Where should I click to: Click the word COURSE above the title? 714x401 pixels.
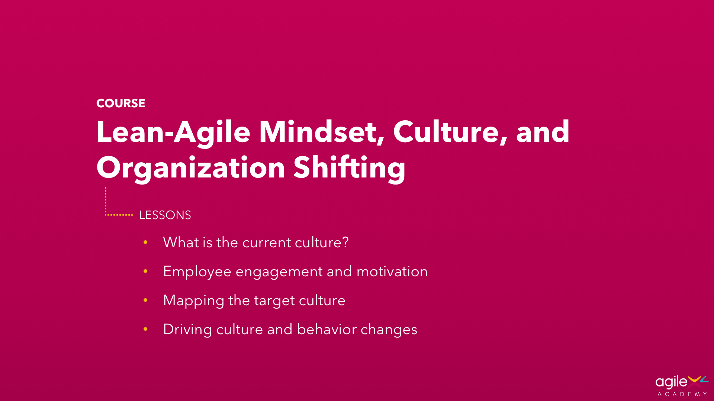click(x=120, y=103)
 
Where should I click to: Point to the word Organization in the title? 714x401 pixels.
click(x=191, y=168)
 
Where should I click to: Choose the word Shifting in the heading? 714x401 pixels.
click(x=349, y=168)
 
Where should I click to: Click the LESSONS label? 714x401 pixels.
click(x=165, y=215)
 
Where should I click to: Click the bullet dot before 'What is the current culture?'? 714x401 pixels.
click(x=145, y=242)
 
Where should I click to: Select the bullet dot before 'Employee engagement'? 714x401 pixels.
click(x=145, y=271)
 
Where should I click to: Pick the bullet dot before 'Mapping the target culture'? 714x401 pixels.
click(x=145, y=300)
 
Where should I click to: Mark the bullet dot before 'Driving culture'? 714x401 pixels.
click(x=145, y=329)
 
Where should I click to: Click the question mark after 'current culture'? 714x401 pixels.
click(x=345, y=242)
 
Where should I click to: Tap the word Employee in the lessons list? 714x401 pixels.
click(x=197, y=272)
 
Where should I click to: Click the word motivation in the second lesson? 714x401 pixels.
click(x=392, y=272)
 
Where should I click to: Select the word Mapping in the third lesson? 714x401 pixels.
click(x=193, y=301)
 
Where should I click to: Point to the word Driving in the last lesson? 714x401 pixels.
click(x=187, y=330)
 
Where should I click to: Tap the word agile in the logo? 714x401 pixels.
click(x=671, y=382)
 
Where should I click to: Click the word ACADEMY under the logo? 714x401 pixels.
click(x=682, y=394)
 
